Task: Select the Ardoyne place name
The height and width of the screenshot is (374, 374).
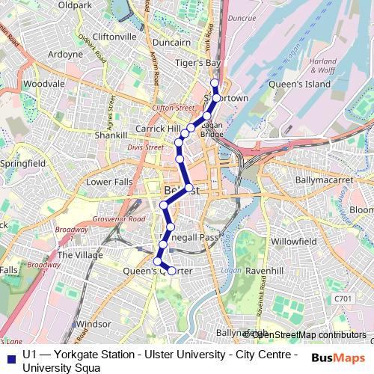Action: tap(65, 54)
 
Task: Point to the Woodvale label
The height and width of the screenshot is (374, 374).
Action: tap(43, 85)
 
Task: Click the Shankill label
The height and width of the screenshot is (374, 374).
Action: tap(111, 135)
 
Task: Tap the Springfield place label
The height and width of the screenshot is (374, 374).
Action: tap(22, 162)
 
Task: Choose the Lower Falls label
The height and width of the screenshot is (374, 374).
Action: tap(109, 182)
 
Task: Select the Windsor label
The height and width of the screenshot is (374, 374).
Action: tap(93, 324)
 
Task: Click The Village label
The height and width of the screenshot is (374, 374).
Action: tap(80, 254)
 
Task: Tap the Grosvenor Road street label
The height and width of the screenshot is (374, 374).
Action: tap(119, 219)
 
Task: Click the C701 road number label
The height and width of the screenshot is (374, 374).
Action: tap(343, 299)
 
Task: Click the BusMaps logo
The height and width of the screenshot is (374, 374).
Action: tap(338, 358)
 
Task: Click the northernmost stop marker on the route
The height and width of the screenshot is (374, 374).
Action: tap(215, 83)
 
